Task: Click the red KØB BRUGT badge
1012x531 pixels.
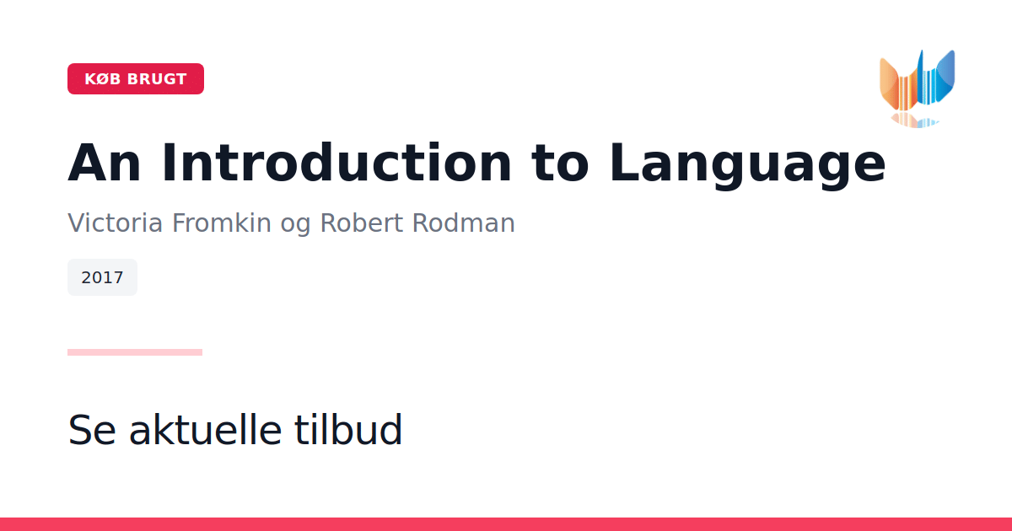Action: click(x=136, y=78)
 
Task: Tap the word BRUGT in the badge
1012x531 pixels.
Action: click(x=157, y=79)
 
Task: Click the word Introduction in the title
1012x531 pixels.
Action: click(x=336, y=163)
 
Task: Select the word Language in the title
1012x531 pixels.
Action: click(x=747, y=165)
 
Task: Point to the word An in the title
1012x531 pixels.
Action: click(x=105, y=163)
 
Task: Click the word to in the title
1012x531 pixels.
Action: click(x=561, y=164)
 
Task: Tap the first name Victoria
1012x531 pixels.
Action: click(x=115, y=223)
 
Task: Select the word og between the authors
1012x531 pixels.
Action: click(x=295, y=225)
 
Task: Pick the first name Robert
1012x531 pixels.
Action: click(x=362, y=223)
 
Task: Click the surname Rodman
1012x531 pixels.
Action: click(x=464, y=223)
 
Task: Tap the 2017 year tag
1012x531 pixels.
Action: click(x=102, y=277)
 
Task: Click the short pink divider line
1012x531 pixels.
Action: click(x=135, y=352)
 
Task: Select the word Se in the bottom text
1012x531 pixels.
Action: click(x=92, y=430)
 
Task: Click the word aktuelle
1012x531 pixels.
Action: click(x=206, y=429)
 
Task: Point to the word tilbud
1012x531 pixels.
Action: click(x=348, y=429)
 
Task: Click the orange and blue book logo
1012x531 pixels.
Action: click(x=918, y=86)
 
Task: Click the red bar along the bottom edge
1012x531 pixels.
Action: click(x=506, y=524)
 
